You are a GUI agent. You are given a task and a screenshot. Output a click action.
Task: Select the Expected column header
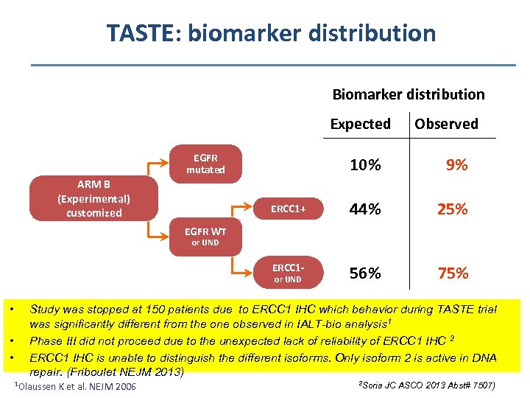coord(360,124)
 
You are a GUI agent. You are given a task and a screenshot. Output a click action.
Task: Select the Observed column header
coord(446,124)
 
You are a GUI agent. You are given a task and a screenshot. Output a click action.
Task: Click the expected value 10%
coord(365,165)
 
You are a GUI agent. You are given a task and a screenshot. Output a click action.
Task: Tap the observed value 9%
coord(456,165)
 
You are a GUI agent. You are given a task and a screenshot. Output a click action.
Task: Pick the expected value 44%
coord(365,209)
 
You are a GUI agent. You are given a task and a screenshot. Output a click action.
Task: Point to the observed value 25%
coord(453,209)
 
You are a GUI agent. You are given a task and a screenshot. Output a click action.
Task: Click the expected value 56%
coord(365,273)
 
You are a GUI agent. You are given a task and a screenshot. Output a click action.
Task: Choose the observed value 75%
coord(453,273)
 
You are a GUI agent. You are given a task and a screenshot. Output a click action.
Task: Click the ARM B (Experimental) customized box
coord(93,199)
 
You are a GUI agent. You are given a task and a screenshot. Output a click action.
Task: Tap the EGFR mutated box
coord(205,164)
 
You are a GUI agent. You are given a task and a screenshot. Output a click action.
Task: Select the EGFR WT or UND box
coord(205,237)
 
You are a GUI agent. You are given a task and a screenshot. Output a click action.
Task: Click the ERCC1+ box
coord(288,209)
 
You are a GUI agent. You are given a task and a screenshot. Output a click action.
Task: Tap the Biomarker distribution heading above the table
coord(409,94)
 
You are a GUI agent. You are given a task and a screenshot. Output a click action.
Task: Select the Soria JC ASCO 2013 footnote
coord(426,385)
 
